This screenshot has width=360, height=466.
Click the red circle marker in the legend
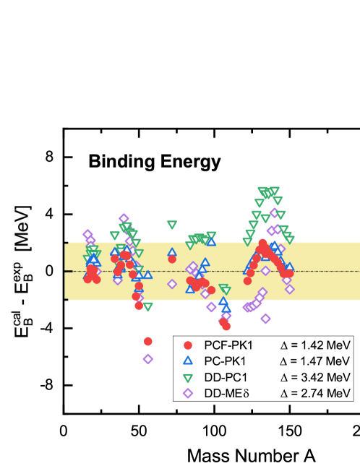tap(188, 345)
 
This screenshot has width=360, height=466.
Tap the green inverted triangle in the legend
tap(188, 377)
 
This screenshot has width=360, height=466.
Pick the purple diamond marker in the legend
tap(188, 393)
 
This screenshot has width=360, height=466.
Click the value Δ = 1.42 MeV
tap(315, 345)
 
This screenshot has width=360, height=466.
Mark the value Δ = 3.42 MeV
tap(315, 377)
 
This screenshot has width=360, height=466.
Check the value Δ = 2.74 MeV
tap(315, 393)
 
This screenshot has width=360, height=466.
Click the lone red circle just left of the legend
tap(148, 341)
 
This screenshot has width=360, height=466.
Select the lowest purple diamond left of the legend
tap(148, 358)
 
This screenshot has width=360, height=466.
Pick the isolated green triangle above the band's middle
tap(172, 225)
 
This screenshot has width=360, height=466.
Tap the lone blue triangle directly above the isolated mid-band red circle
tap(172, 253)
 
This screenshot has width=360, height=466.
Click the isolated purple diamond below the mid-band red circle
tap(172, 284)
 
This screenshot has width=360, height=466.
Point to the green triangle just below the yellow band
tap(148, 306)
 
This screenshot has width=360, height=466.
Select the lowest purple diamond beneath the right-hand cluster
tap(265, 319)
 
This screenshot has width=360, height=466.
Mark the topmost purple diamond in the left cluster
tap(124, 218)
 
